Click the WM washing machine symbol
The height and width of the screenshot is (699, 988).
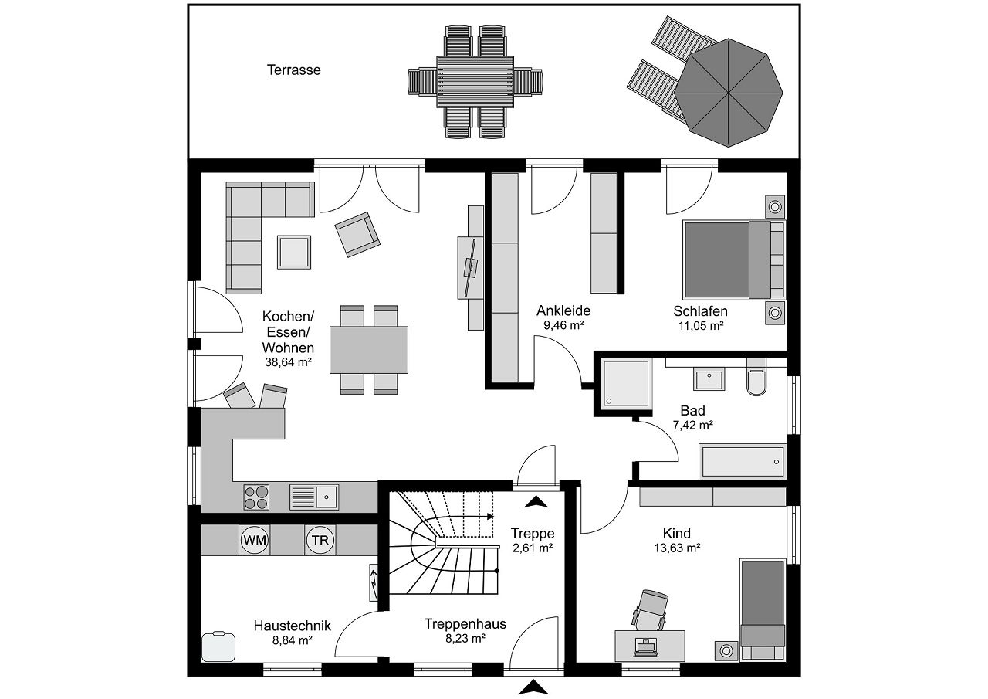[x=255, y=540]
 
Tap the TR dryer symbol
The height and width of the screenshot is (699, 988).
[x=320, y=540]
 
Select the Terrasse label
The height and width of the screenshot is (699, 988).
[x=294, y=70]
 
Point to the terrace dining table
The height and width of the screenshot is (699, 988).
[x=475, y=82]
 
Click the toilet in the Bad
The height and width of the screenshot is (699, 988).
[x=756, y=382]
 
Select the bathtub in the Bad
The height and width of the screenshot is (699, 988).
[x=742, y=461]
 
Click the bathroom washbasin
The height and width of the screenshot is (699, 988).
[x=709, y=379]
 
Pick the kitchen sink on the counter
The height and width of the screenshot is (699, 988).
[x=314, y=497]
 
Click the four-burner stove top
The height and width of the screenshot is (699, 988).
[x=256, y=497]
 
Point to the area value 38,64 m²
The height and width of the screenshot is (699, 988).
[x=288, y=361]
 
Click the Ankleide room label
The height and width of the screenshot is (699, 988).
[x=563, y=310]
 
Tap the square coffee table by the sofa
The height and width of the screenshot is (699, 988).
[x=294, y=252]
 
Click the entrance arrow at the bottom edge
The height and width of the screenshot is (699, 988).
[x=533, y=687]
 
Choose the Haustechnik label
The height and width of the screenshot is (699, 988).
[x=292, y=626]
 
